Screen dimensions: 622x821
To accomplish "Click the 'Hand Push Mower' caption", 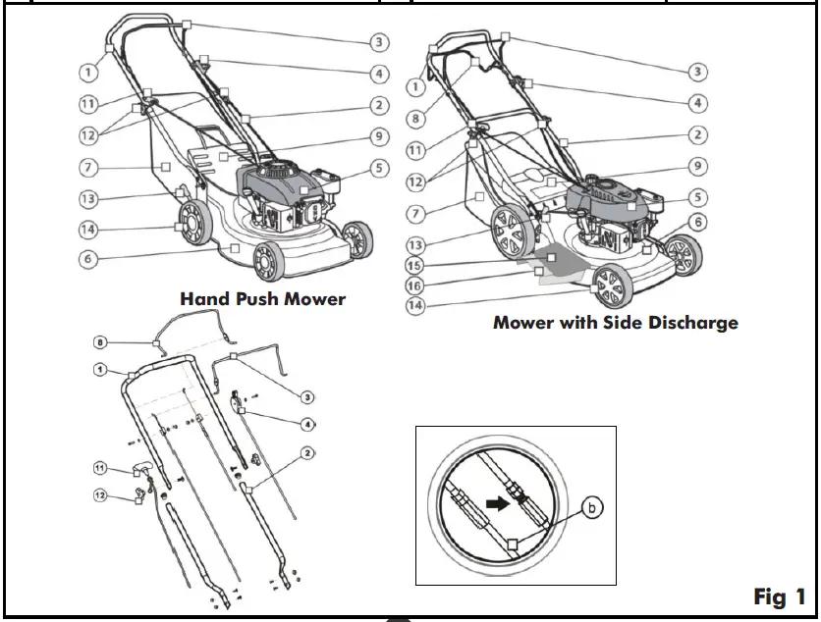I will (262, 298).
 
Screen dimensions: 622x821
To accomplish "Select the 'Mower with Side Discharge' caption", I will (615, 322).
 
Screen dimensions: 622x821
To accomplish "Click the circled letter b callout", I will (591, 508).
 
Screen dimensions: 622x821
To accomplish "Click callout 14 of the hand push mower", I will (88, 230).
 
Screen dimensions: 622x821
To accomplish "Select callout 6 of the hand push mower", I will (88, 260).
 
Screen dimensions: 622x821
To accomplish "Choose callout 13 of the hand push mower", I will (88, 199).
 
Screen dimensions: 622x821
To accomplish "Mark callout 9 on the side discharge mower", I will (696, 166).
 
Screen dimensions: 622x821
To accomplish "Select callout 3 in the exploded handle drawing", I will (307, 397).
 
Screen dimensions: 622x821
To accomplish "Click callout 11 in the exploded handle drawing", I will (100, 469).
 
